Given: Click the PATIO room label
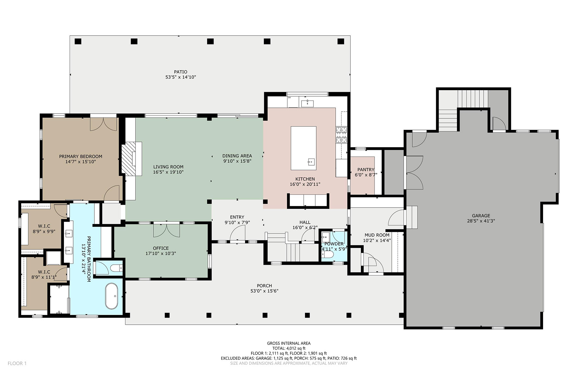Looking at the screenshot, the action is tap(181, 72).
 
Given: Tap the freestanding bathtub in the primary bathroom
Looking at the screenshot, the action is tap(111, 296).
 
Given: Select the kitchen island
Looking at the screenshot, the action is tap(303, 148).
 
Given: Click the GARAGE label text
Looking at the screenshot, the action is tap(481, 216).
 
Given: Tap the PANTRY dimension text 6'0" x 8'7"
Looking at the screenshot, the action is tap(366, 175).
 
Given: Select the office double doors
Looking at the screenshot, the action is tap(166, 230).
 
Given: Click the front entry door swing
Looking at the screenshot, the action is tap(238, 233).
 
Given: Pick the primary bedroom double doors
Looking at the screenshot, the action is tap(103, 124).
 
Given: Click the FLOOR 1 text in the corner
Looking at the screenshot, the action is tap(17, 363).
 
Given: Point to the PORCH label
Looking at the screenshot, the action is tap(264, 286).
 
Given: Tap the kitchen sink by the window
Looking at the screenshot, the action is tap(308, 103).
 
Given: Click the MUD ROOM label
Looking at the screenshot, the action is tap(377, 235).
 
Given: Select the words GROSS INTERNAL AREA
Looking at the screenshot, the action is tap(289, 343).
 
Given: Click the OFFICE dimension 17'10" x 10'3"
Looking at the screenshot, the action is tap(161, 253).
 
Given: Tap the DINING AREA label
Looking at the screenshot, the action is tap(237, 156).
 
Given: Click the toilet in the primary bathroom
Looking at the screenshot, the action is tap(116, 268).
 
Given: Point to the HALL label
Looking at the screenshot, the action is tap(305, 222).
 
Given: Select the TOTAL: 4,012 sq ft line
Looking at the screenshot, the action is tap(289, 348).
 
